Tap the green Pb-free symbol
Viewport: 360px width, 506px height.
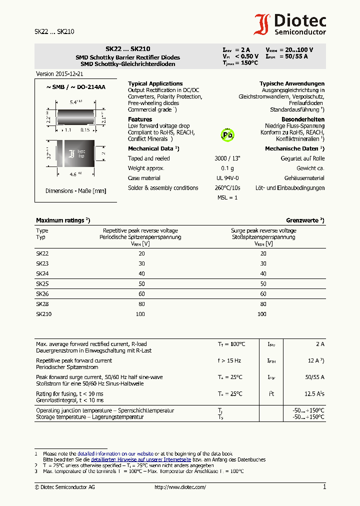click(x=227, y=134)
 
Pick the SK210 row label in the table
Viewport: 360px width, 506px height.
click(x=43, y=314)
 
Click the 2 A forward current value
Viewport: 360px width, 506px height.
click(x=319, y=344)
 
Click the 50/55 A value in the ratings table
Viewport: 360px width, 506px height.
click(x=315, y=377)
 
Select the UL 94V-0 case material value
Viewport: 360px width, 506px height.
click(x=227, y=178)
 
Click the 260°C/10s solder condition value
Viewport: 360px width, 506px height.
click(x=227, y=188)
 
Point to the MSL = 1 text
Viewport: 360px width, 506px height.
click(x=227, y=197)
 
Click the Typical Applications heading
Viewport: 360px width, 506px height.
click(x=155, y=83)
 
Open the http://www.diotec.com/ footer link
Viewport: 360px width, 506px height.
click(x=180, y=487)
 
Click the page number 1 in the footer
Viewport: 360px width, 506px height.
click(x=324, y=486)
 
